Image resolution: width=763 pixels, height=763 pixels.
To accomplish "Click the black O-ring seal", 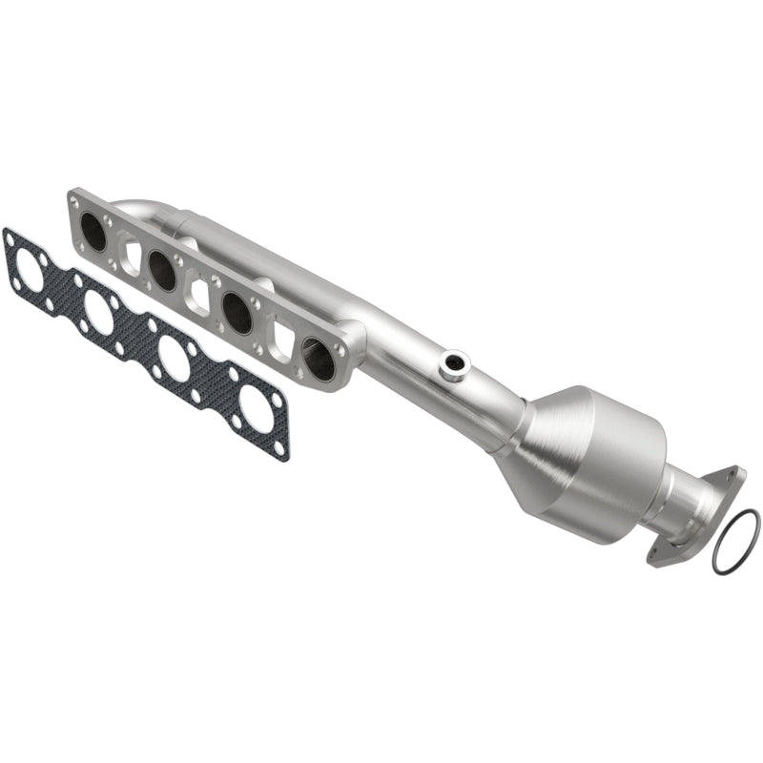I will click(x=735, y=542).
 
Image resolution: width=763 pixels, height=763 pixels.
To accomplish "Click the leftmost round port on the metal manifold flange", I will click(x=93, y=230).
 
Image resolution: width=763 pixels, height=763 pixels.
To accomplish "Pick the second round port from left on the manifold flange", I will click(x=163, y=272).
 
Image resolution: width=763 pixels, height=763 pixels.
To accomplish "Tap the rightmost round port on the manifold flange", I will click(x=319, y=357).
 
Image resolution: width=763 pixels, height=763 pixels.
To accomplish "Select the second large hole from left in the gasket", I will click(x=99, y=311).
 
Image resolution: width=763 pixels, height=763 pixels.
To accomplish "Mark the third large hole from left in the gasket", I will click(x=175, y=358).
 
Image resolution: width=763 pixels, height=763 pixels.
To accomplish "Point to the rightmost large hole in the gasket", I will click(x=255, y=408).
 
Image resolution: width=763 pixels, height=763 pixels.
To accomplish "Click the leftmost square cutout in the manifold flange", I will click(x=131, y=255).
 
